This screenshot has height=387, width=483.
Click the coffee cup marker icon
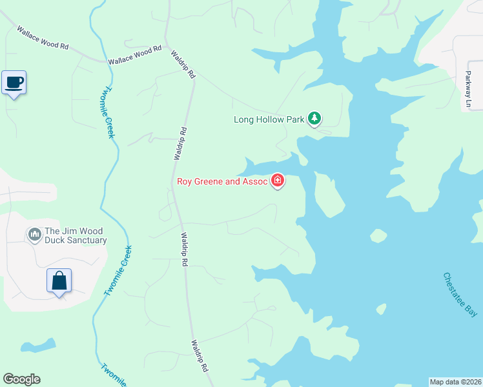pyautogui.click(x=14, y=83)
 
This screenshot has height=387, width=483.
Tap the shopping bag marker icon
pyautogui.click(x=59, y=281)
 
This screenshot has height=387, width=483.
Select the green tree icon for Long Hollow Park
pyautogui.click(x=314, y=118)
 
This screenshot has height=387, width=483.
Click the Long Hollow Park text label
pyautogui.click(x=269, y=119)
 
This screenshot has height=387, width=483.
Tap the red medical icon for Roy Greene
pyautogui.click(x=278, y=180)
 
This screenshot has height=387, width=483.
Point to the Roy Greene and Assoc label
pyautogui.click(x=222, y=181)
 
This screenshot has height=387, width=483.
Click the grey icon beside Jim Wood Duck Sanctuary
pyautogui.click(x=34, y=232)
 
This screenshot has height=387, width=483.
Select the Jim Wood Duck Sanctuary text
pyautogui.click(x=74, y=236)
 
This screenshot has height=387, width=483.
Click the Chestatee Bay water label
pyautogui.click(x=460, y=295)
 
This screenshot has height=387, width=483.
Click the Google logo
pyautogui.click(x=21, y=379)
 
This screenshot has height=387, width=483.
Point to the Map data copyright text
pyautogui.click(x=455, y=382)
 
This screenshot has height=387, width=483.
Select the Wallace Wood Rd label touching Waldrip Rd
pyautogui.click(x=135, y=55)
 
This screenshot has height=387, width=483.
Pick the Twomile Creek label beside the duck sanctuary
pyautogui.click(x=118, y=271)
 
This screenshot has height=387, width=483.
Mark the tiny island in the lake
pyautogui.click(x=378, y=236)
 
